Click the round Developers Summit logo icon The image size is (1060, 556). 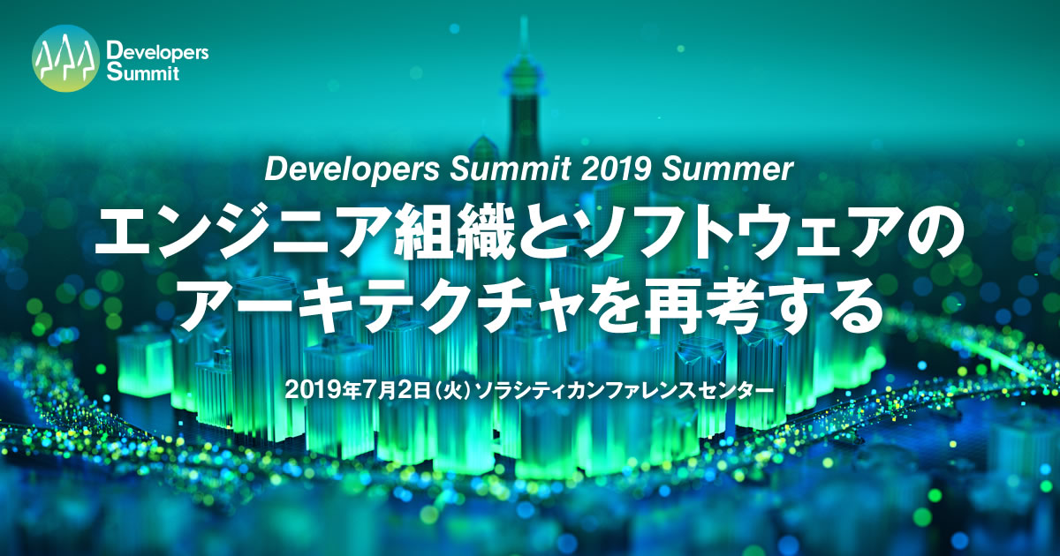[64, 57]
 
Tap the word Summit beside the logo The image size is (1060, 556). [141, 72]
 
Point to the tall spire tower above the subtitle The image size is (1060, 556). [520, 97]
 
